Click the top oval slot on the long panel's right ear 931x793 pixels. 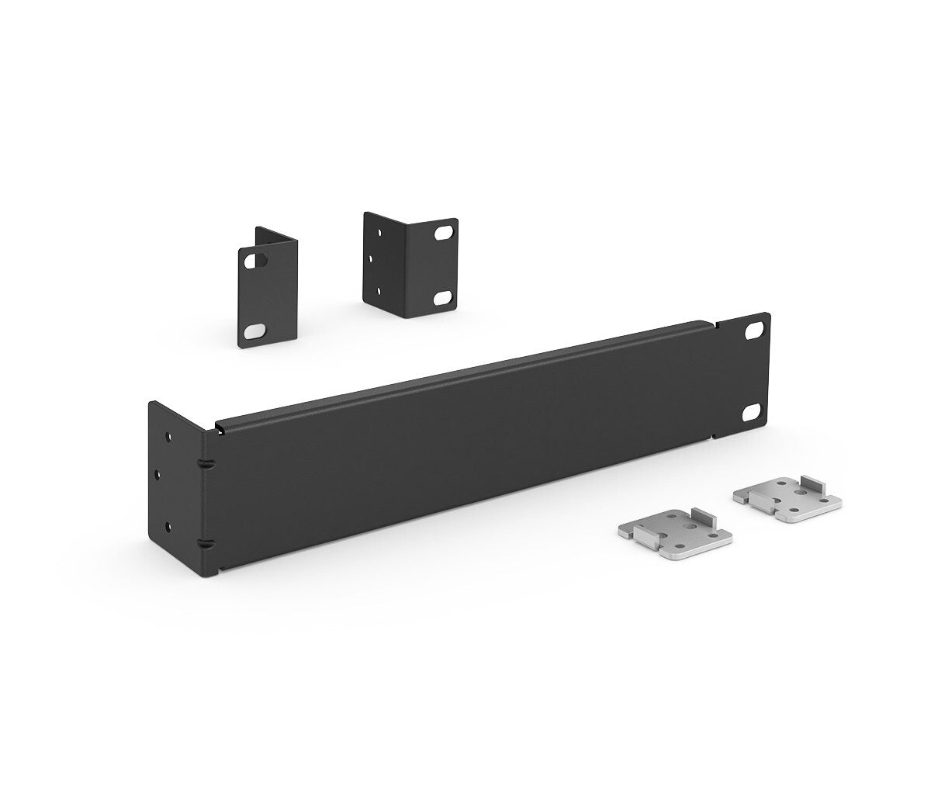click(753, 330)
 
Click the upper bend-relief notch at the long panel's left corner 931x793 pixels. click(206, 463)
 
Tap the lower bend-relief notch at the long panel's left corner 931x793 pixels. click(206, 543)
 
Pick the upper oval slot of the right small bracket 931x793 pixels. click(444, 233)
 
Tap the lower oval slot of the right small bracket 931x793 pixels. click(442, 298)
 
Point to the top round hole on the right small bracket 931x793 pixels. click(379, 233)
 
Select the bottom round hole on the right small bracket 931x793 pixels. click(379, 291)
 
